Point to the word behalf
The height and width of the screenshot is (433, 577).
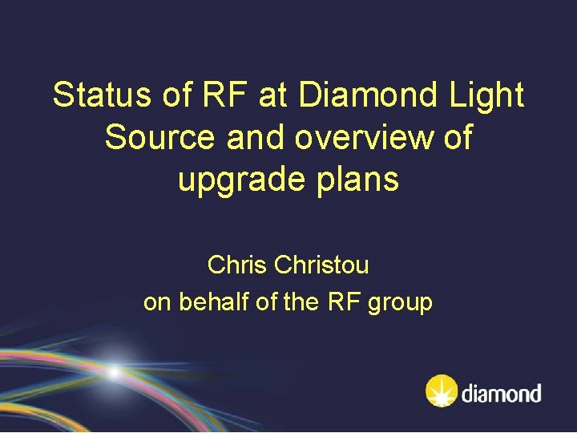pyautogui.click(x=209, y=302)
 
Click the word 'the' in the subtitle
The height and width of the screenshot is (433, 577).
pyautogui.click(x=290, y=302)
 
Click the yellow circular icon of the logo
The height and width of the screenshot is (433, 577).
pyautogui.click(x=442, y=391)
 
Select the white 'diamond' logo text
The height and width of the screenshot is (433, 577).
pyautogui.click(x=502, y=393)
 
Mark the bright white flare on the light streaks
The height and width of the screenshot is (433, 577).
pyautogui.click(x=115, y=372)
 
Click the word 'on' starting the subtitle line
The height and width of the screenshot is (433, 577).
pyautogui.click(x=155, y=303)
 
